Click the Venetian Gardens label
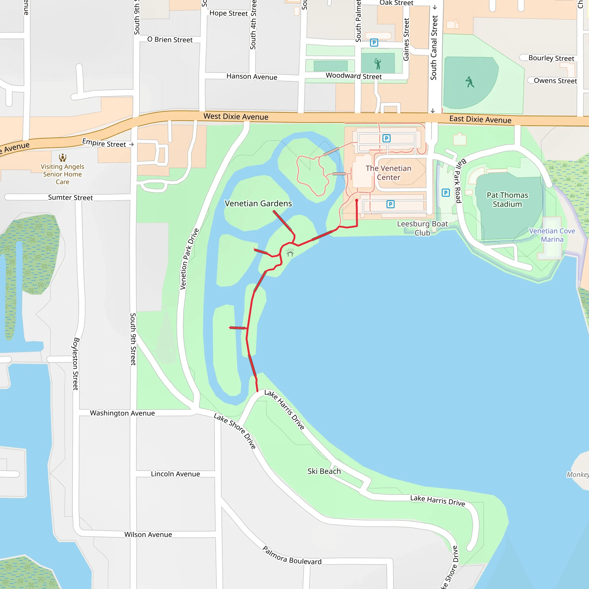(258, 203)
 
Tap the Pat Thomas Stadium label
(507, 200)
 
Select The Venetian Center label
(388, 173)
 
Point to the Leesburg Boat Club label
(422, 228)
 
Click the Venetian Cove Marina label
(552, 235)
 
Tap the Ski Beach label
(324, 471)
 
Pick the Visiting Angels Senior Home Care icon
(63, 158)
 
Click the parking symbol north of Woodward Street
(374, 43)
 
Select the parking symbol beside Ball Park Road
(446, 193)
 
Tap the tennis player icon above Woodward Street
(378, 64)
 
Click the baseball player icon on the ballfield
(470, 82)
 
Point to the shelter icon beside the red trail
(290, 253)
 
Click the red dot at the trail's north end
(357, 200)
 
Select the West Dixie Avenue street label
(236, 116)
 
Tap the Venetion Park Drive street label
(189, 259)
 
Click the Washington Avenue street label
(122, 413)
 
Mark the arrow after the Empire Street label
(132, 144)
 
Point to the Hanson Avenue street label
(252, 77)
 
